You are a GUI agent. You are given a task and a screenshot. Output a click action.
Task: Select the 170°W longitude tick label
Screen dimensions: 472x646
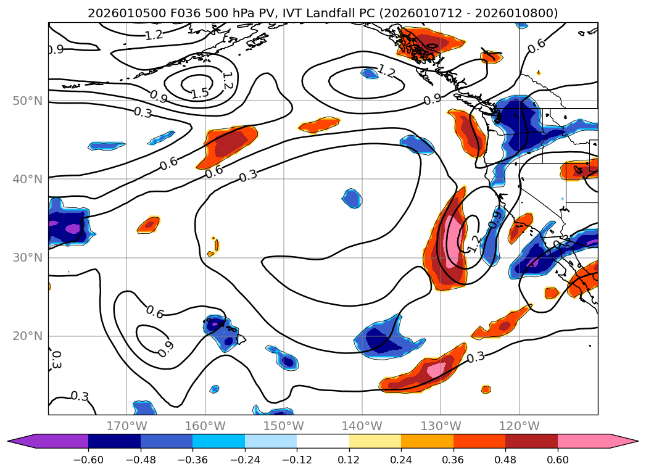(x=126, y=426)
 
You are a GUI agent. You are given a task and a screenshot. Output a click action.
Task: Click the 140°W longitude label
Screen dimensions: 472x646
(x=362, y=426)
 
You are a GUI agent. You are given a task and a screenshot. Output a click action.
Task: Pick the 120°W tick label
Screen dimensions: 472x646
(x=520, y=426)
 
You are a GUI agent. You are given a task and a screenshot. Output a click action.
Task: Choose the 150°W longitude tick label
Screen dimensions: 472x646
(x=284, y=426)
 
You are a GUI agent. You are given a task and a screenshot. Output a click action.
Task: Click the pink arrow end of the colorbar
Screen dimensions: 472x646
(x=623, y=441)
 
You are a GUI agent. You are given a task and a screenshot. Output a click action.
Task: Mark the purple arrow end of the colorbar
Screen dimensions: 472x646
(x=22, y=441)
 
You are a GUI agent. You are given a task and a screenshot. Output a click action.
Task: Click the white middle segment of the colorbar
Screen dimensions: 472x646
(x=323, y=441)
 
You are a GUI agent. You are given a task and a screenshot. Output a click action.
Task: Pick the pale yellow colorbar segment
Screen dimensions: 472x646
(x=375, y=441)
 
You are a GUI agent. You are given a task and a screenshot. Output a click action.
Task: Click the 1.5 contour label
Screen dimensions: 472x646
(x=199, y=94)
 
